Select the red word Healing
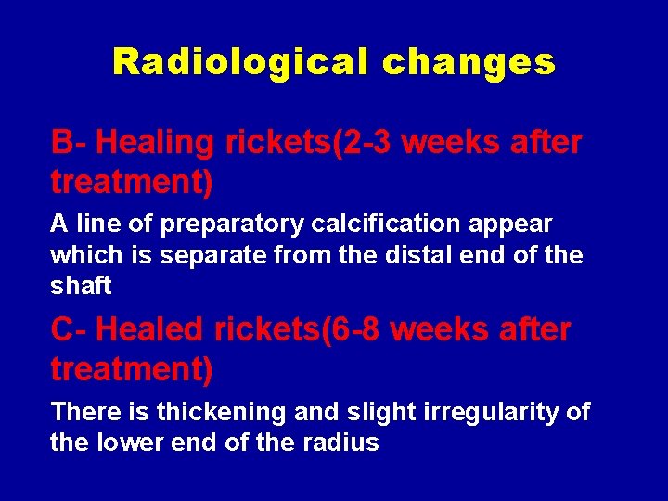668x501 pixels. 155,143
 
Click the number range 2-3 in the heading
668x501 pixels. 366,143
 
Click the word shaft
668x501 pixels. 81,286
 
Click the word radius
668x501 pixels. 343,443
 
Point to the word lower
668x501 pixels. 129,443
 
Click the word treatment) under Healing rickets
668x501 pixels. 132,183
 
